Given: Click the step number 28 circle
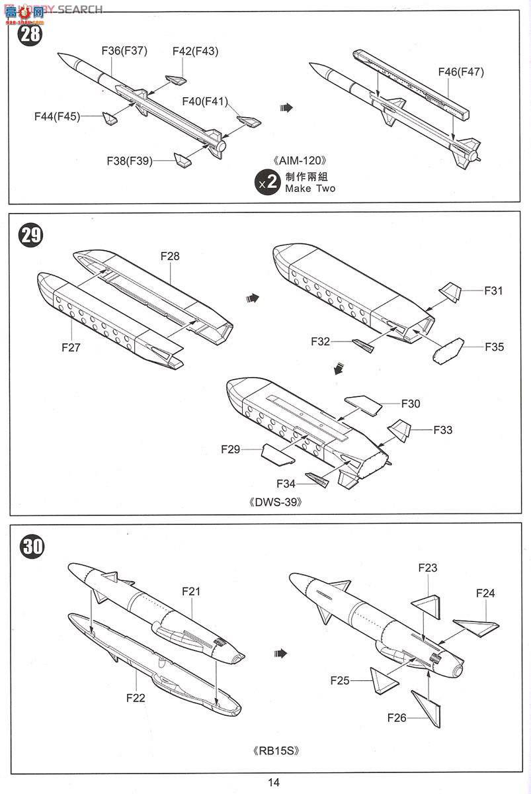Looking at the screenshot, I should pyautogui.click(x=30, y=33).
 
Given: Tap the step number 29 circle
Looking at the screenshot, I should pyautogui.click(x=30, y=236).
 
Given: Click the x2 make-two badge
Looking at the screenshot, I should pyautogui.click(x=268, y=183).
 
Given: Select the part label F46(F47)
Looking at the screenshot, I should pyautogui.click(x=461, y=72).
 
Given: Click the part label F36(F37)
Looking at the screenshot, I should pyautogui.click(x=124, y=51).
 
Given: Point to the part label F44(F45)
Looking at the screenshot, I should pyautogui.click(x=58, y=116).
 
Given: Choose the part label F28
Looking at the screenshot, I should pyautogui.click(x=169, y=256).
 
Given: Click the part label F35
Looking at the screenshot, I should pyautogui.click(x=494, y=347).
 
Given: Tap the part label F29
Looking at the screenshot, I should pyautogui.click(x=231, y=449).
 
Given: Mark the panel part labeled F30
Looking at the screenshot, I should pyautogui.click(x=362, y=405).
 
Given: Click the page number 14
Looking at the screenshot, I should pyautogui.click(x=274, y=782).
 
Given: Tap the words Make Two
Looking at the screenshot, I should pyautogui.click(x=310, y=189).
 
